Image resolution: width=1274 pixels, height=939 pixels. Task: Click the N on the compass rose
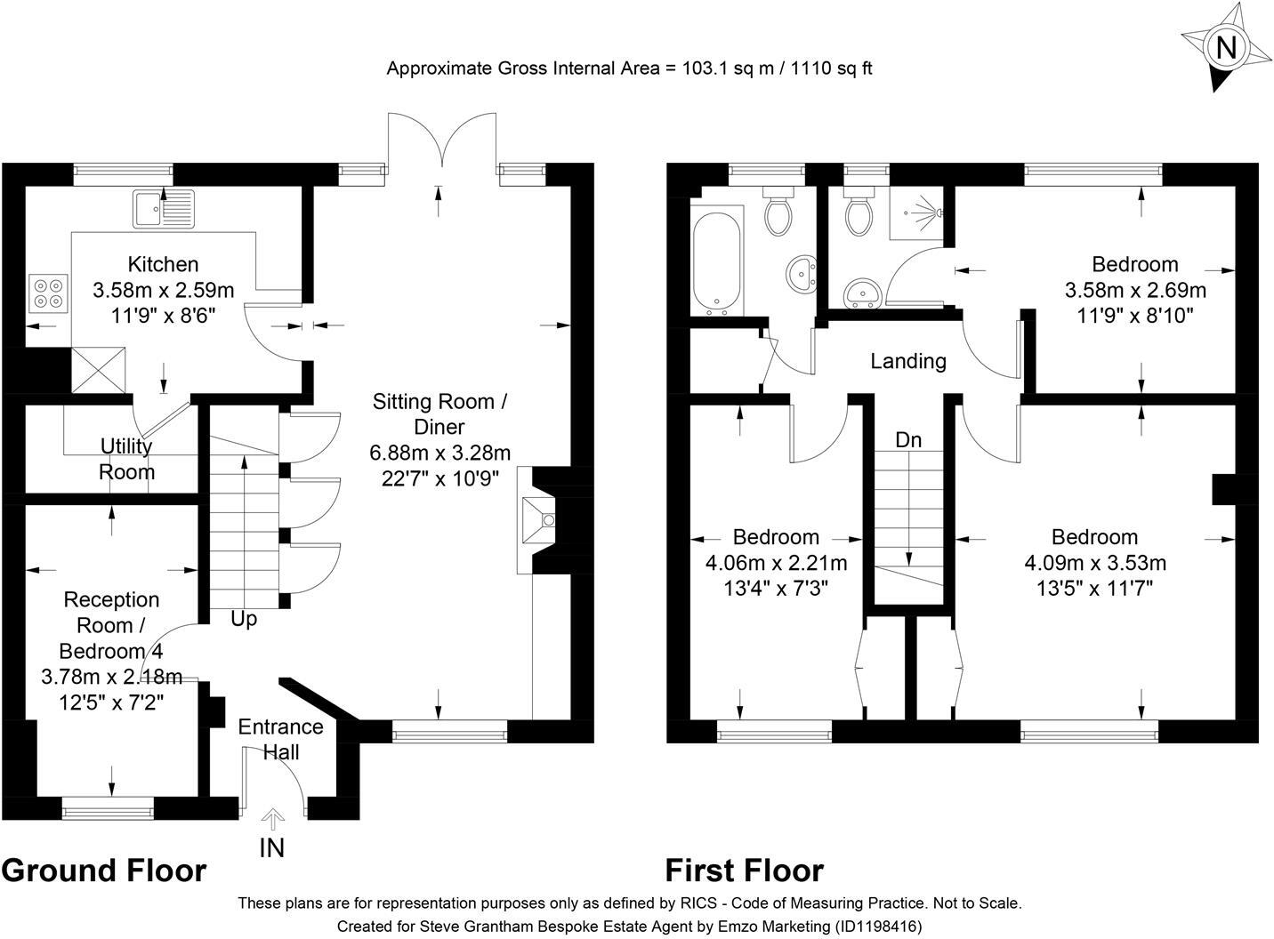[1226, 47]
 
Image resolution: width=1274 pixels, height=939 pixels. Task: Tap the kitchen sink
[164, 209]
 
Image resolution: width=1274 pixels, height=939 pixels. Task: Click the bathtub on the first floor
[717, 261]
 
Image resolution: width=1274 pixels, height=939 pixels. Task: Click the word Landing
[908, 362]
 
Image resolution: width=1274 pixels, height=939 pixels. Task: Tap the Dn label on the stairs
[908, 439]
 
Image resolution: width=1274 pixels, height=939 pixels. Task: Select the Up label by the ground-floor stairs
[244, 619]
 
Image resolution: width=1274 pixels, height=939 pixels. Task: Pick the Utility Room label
[126, 459]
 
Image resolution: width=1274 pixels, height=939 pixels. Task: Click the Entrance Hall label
[280, 740]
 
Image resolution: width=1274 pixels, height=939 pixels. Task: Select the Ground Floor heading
[103, 871]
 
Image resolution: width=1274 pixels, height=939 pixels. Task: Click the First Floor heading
[745, 871]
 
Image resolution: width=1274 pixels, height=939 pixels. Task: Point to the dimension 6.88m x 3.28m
[439, 453]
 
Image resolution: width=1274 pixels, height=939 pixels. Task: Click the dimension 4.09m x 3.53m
[1095, 563]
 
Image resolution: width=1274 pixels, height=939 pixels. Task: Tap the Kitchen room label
[163, 264]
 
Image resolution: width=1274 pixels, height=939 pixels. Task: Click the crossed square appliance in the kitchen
[99, 370]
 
